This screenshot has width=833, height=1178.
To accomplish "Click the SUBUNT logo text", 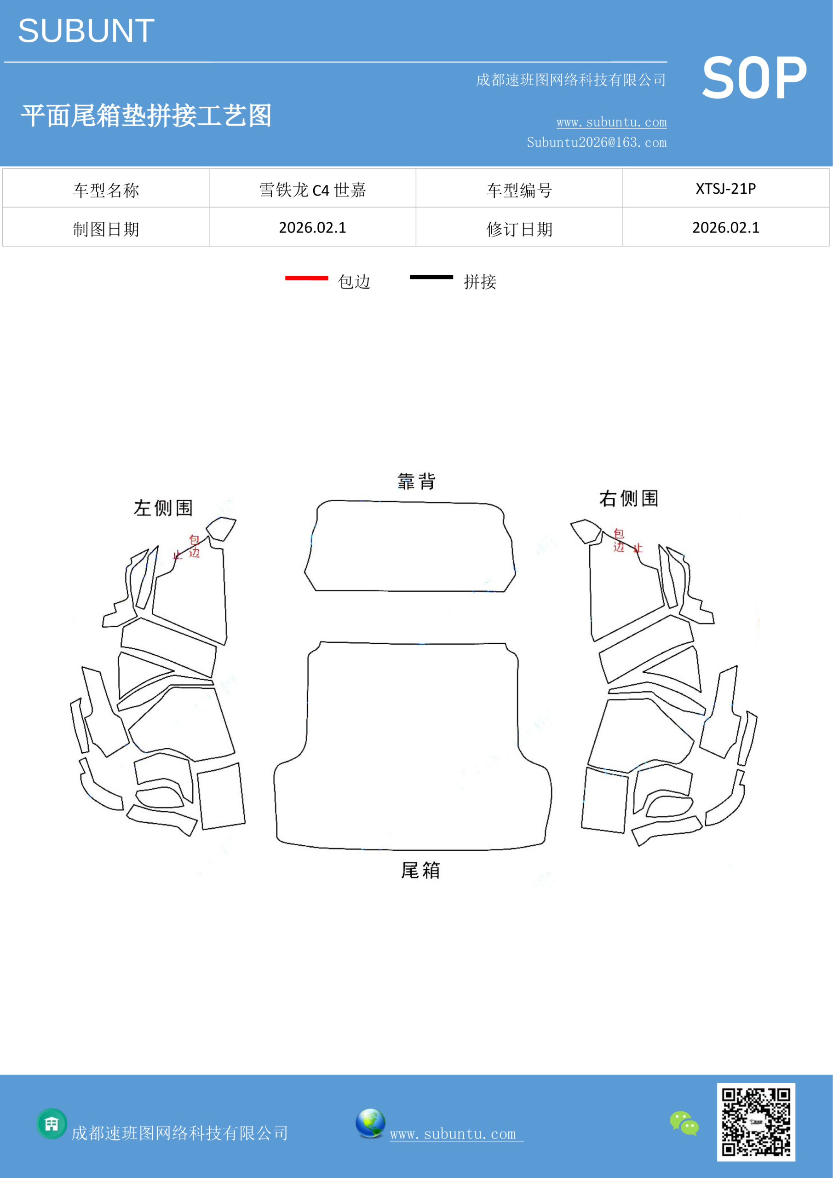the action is click(x=86, y=31).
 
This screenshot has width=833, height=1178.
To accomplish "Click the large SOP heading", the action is click(x=754, y=78).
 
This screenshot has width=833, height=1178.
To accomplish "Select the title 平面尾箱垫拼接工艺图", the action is click(x=146, y=115).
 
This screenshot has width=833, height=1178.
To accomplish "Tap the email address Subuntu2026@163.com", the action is click(x=597, y=142).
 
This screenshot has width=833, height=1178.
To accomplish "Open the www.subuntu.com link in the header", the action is click(x=611, y=122).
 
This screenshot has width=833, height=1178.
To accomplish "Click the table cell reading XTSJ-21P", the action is click(x=726, y=188).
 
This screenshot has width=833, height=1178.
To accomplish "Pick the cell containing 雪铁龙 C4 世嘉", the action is click(x=312, y=188).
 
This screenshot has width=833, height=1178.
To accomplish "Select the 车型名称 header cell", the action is click(x=106, y=188).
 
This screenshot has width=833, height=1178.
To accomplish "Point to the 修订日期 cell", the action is click(x=519, y=227).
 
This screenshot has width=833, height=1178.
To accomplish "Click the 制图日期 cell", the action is click(x=106, y=227).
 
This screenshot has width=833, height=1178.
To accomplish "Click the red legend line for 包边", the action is click(x=307, y=278).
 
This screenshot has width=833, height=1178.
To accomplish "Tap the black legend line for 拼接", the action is click(x=431, y=277).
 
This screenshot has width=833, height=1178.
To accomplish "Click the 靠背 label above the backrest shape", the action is click(x=417, y=481).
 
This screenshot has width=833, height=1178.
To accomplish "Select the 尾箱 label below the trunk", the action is click(x=420, y=871).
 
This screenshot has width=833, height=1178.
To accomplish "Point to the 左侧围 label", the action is click(x=163, y=508).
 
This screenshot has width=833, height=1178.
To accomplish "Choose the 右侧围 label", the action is click(x=629, y=498).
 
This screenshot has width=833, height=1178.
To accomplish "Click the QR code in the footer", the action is click(x=756, y=1122).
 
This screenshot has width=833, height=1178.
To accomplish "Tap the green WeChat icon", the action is click(x=684, y=1123).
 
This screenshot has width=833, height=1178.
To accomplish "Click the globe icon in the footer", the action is click(x=370, y=1123).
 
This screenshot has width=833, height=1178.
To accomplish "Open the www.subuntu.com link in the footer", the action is click(x=456, y=1134).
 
